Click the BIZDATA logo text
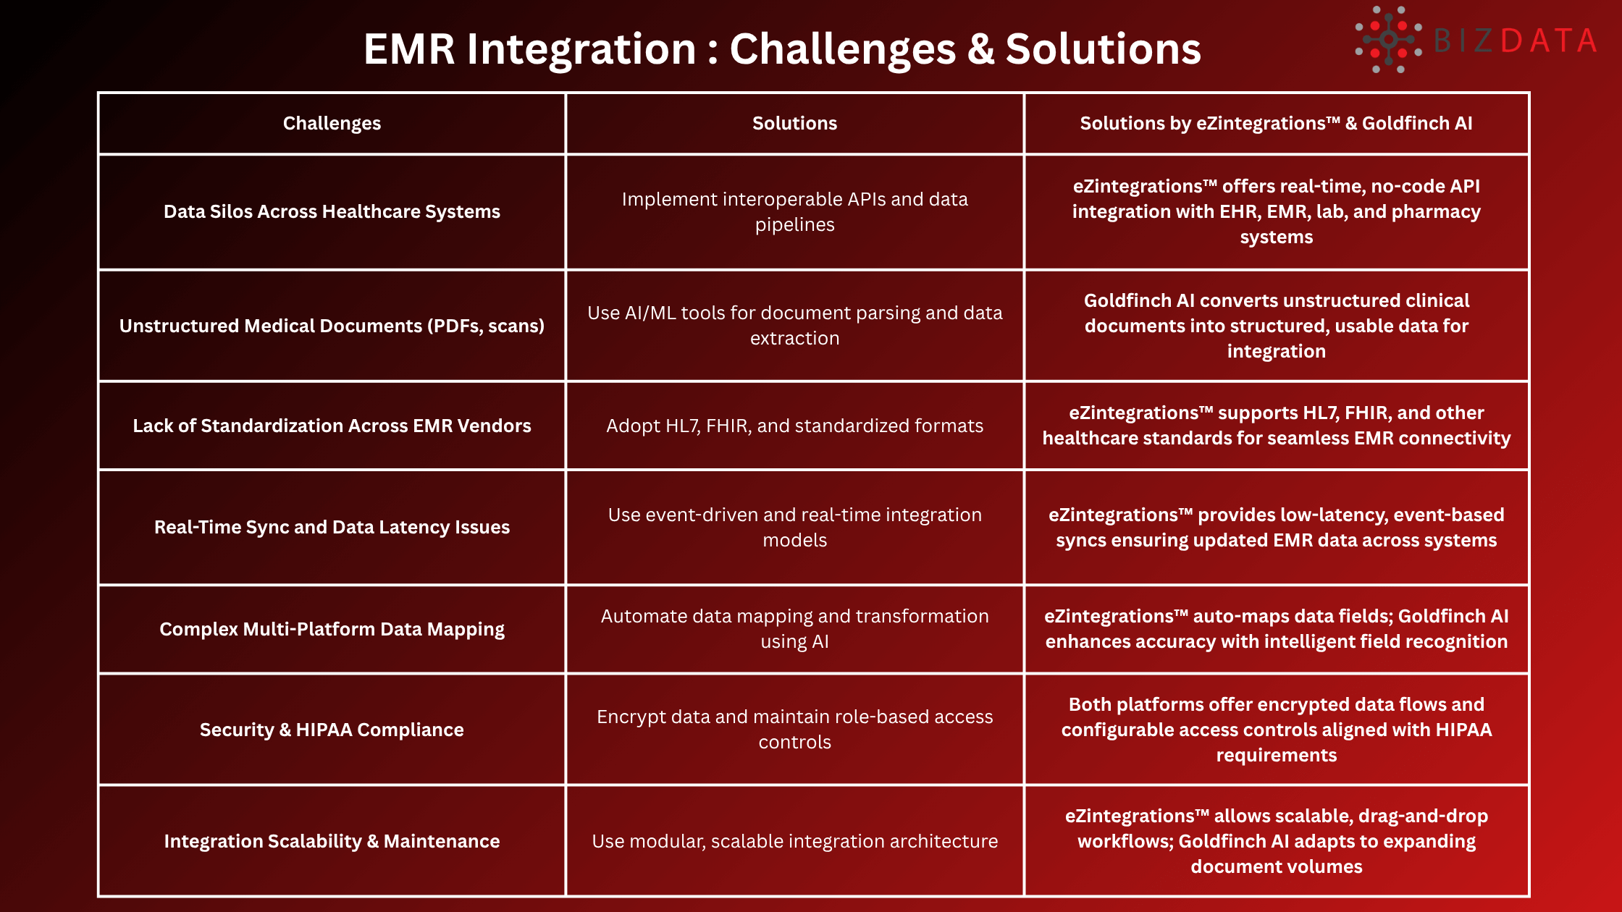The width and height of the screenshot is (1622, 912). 1515,41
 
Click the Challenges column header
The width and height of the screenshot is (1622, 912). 332,124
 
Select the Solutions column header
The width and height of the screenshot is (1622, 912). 794,124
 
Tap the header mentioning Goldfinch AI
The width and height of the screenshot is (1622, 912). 1276,124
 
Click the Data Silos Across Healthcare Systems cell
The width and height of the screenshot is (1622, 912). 332,212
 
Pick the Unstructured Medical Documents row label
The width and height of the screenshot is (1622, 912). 332,326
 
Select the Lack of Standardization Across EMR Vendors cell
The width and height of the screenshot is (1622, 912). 332,426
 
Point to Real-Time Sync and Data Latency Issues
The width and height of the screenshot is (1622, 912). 332,528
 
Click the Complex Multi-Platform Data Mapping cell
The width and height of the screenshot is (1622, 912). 332,630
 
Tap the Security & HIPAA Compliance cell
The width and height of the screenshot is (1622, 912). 332,730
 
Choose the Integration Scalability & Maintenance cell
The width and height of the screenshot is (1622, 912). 332,842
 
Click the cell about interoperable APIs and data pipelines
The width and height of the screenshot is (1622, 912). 794,212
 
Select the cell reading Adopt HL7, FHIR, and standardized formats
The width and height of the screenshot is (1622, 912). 794,426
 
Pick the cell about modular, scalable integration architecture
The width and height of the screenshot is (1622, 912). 794,842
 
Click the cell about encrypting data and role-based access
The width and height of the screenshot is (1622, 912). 794,730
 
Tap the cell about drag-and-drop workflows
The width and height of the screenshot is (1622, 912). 1276,842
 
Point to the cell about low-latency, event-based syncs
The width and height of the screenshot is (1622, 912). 1276,528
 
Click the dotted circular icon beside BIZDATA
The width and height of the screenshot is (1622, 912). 1388,40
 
